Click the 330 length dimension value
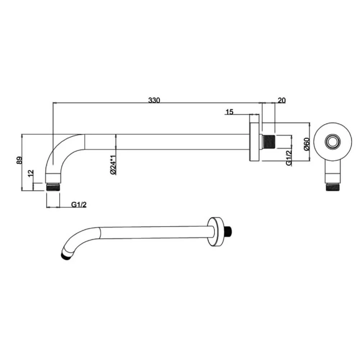click(154, 100)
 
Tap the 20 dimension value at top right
click(282, 100)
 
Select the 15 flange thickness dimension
click(229, 112)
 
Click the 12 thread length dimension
click(31, 173)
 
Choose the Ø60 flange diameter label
click(306, 144)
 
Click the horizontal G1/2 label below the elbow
click(79, 204)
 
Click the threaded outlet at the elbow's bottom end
click(53, 187)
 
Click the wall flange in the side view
click(254, 142)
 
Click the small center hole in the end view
click(331, 141)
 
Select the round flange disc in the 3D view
click(215, 232)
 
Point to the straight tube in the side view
click(166, 142)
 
